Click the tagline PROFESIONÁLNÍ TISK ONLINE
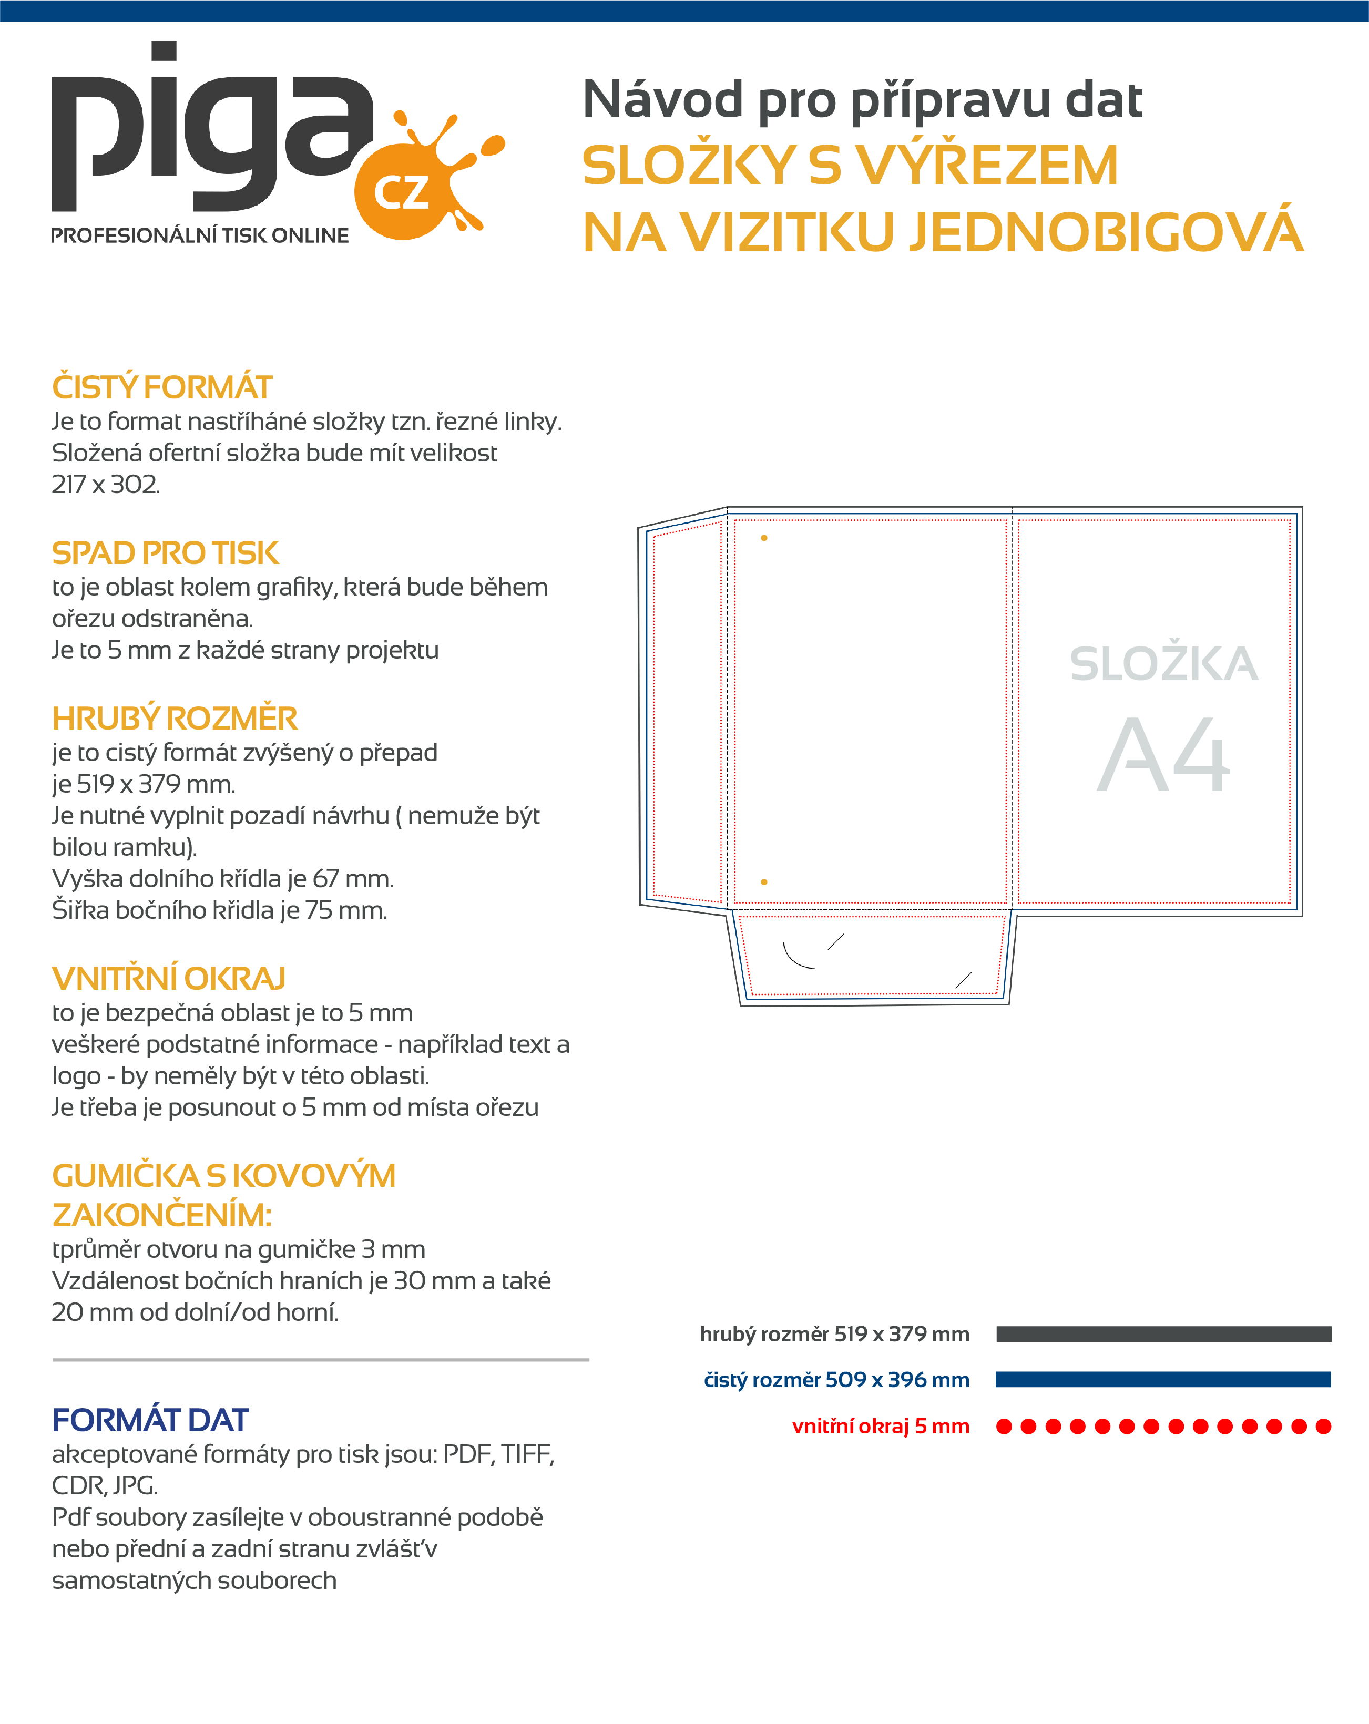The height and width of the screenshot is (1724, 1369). tap(199, 236)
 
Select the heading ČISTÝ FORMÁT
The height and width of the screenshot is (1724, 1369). tap(162, 388)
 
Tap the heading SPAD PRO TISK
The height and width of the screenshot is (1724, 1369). tap(166, 553)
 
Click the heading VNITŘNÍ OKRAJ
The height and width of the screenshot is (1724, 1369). tap(169, 979)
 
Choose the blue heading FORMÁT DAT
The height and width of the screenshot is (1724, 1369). tap(150, 1420)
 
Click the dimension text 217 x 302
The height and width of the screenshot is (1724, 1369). tap(106, 485)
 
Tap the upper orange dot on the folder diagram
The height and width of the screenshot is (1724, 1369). tap(764, 538)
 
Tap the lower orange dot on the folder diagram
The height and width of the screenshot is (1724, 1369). tap(764, 882)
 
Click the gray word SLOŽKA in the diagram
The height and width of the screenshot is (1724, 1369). tap(1163, 664)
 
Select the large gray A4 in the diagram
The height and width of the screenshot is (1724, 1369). tap(1163, 756)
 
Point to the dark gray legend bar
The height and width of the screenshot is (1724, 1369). tap(1163, 1334)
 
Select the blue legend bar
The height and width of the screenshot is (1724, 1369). tap(1163, 1379)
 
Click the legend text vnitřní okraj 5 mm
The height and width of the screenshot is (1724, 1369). tap(881, 1427)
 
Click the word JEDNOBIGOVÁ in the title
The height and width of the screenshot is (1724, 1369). tap(1107, 233)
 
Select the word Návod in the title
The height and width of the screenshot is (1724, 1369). tap(663, 100)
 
